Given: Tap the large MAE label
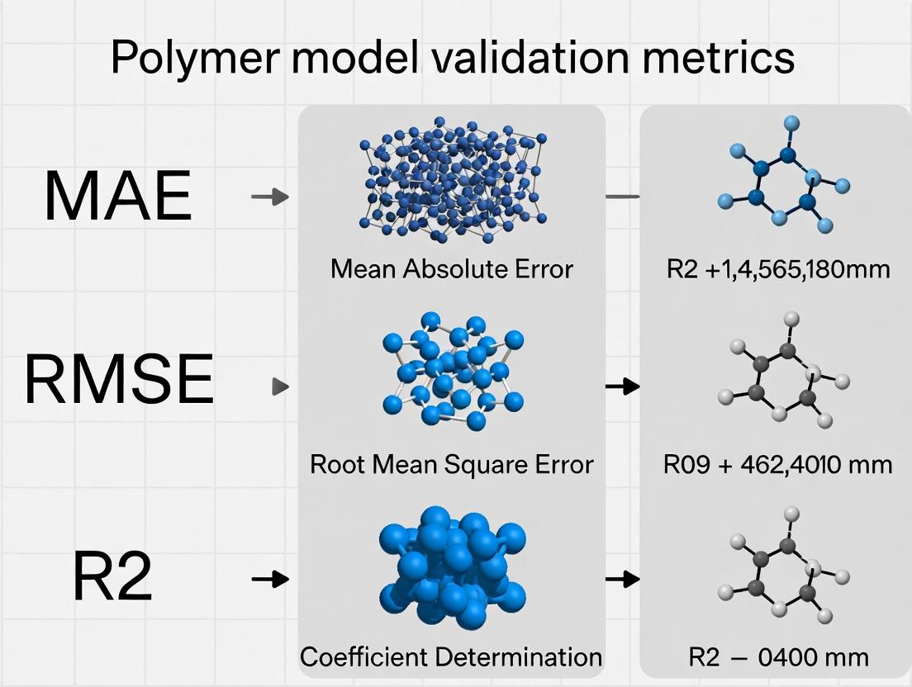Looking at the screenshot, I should pyautogui.click(x=117, y=197).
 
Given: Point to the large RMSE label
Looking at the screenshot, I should pyautogui.click(x=120, y=380).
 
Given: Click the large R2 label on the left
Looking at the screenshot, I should pyautogui.click(x=113, y=579).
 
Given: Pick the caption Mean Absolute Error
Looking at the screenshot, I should pyautogui.click(x=451, y=269).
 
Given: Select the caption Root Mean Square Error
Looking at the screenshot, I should pyautogui.click(x=451, y=464).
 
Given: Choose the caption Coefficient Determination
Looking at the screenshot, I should pyautogui.click(x=451, y=657).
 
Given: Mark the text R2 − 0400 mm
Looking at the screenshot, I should pyautogui.click(x=778, y=657).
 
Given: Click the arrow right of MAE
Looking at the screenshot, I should pyautogui.click(x=270, y=197).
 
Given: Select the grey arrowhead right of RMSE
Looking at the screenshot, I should pyautogui.click(x=281, y=386).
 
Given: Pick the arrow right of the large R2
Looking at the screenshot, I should pyautogui.click(x=270, y=579).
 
